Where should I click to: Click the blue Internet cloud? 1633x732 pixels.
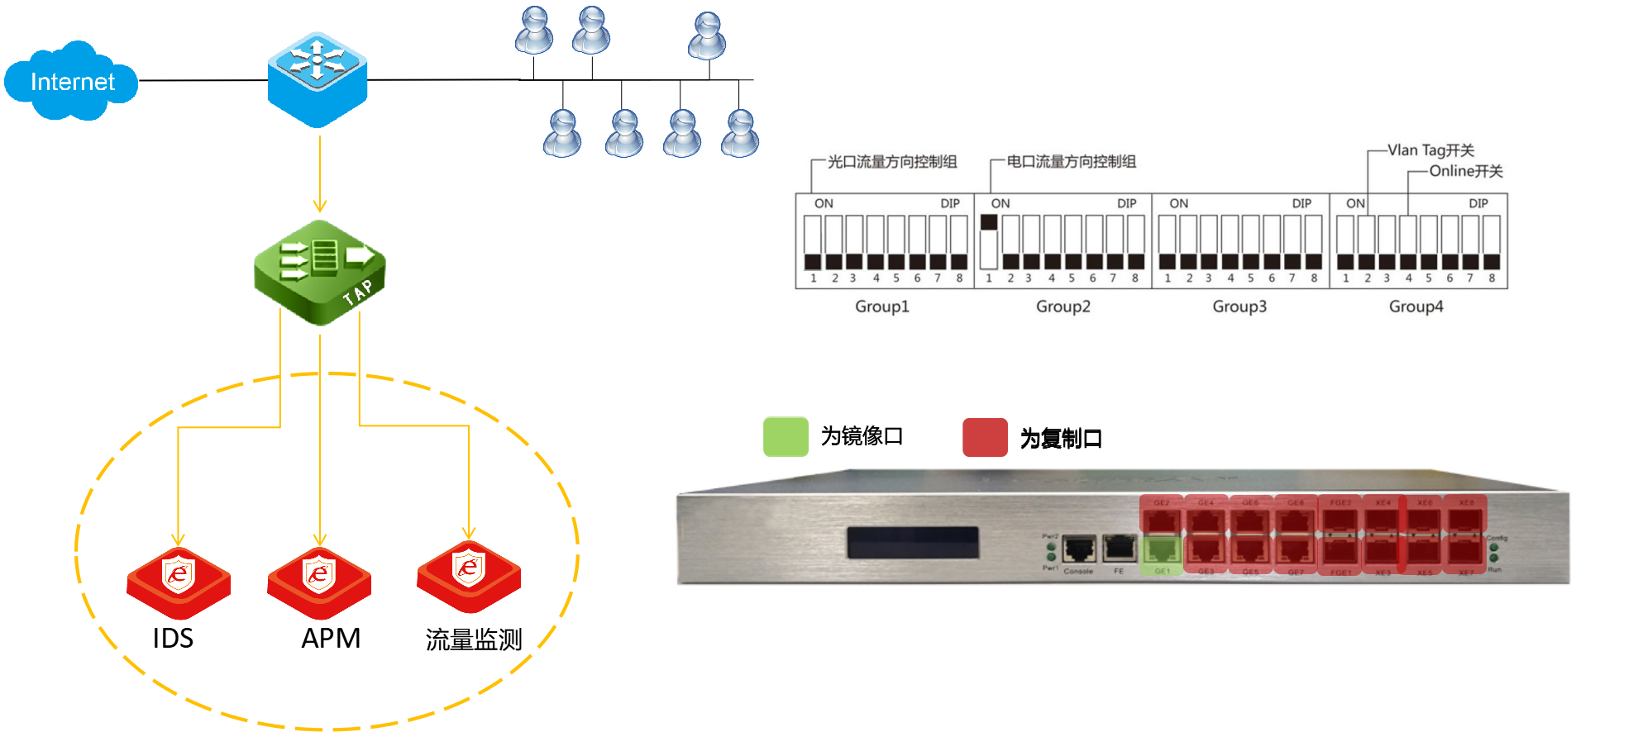point(71,81)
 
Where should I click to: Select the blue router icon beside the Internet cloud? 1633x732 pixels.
point(318,79)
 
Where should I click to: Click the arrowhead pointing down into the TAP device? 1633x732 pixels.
point(319,206)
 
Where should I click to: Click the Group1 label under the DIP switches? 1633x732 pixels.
point(881,307)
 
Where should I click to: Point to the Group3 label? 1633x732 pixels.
point(1239,307)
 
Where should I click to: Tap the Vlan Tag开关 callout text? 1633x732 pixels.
point(1430,150)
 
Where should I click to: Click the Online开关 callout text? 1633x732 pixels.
point(1466,171)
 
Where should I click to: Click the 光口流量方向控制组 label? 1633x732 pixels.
point(892,162)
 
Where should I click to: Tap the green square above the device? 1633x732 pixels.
point(785,437)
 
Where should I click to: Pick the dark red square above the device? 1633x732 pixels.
point(985,437)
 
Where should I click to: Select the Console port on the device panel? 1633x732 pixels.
point(1078,549)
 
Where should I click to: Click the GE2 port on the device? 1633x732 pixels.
point(1162,518)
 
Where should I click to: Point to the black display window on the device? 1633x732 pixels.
point(912,543)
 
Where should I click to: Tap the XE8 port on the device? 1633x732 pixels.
point(1465,518)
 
